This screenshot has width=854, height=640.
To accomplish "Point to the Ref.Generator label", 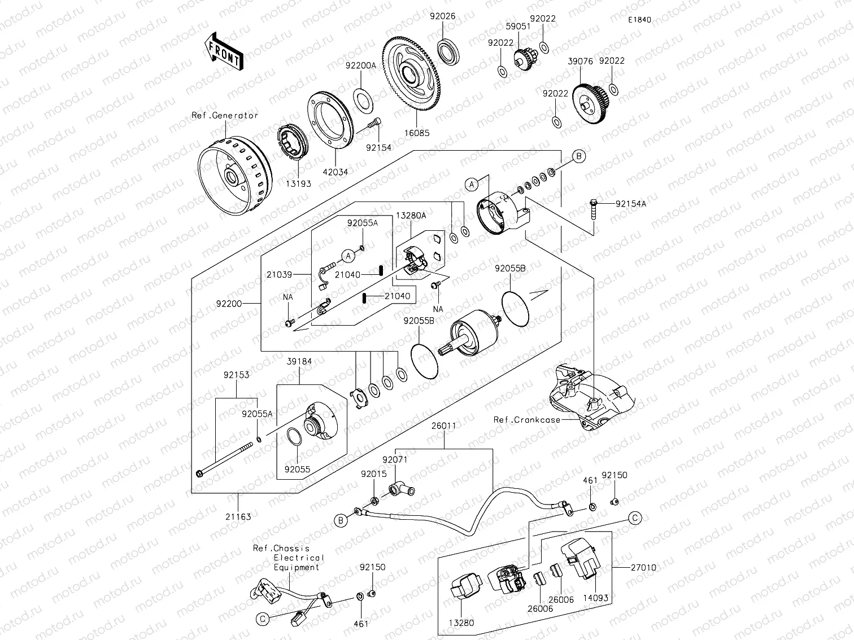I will pos(225,115).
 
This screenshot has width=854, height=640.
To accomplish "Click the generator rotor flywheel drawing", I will pos(233,176).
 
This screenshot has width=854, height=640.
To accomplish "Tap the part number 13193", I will pos(298,183).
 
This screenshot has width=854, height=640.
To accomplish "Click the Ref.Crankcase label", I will pos(526,419).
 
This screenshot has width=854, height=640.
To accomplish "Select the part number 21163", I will pos(238,516).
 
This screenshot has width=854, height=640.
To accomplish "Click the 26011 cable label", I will pos(443,426).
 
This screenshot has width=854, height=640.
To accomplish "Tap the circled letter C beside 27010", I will pos(635,518).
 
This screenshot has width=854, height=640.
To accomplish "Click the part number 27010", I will pos(644,567).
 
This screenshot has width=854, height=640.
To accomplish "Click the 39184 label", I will pos(299,361).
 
